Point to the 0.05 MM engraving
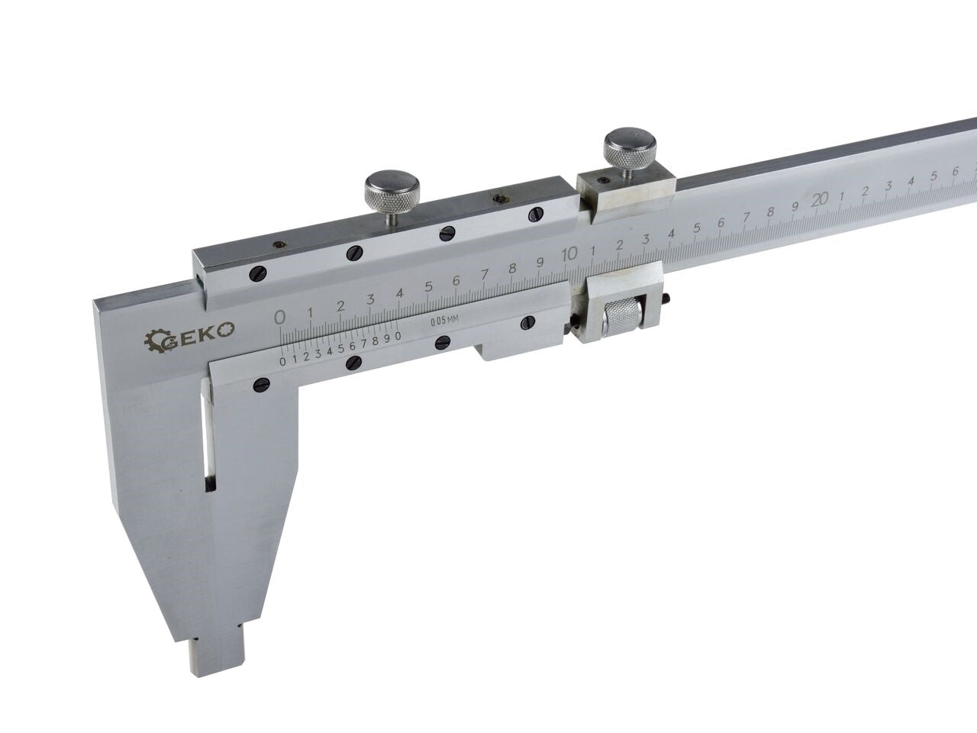pyautogui.click(x=444, y=321)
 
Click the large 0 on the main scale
pyautogui.click(x=279, y=318)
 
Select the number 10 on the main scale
pyautogui.click(x=569, y=253)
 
